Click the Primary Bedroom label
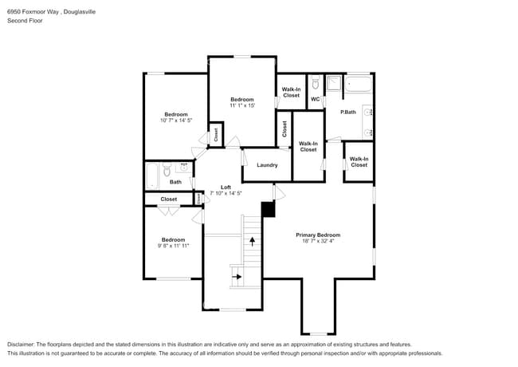pyautogui.click(x=318, y=235)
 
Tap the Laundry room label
pyautogui.click(x=267, y=165)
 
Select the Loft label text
pyautogui.click(x=226, y=187)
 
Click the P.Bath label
pyautogui.click(x=347, y=112)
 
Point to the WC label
pyautogui.click(x=315, y=99)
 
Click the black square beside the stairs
pyautogui.click(x=268, y=209)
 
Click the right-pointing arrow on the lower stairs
pyautogui.click(x=237, y=276)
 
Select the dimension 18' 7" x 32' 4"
pyautogui.click(x=318, y=241)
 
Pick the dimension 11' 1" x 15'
pyautogui.click(x=241, y=105)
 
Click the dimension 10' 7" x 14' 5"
pyautogui.click(x=176, y=120)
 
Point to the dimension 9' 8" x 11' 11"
pyautogui.click(x=173, y=246)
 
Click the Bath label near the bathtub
pyautogui.click(x=175, y=182)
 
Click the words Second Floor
pyautogui.click(x=25, y=20)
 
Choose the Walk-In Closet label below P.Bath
pyautogui.click(x=359, y=162)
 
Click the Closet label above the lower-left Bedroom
pyautogui.click(x=169, y=199)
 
